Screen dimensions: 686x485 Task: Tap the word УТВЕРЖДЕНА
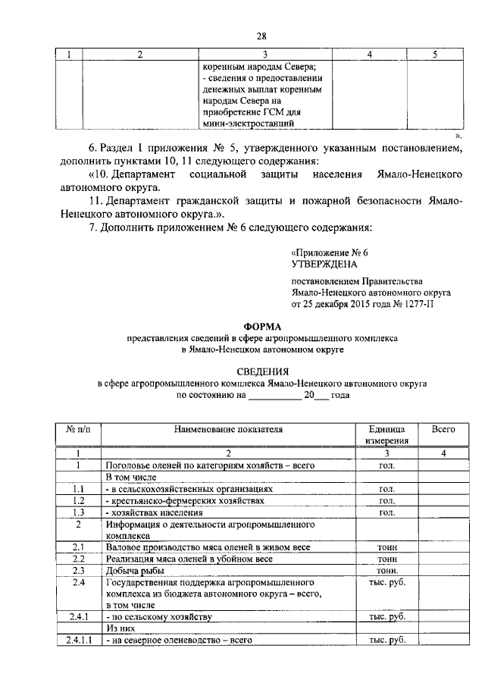coord(323,265)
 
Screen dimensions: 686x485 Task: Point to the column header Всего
coord(443,429)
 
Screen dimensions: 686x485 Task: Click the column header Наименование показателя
coord(228,429)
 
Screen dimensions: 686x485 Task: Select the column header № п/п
coord(78,429)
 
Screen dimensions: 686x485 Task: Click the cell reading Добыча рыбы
coord(135,570)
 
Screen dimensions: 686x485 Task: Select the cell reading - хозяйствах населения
coord(155,512)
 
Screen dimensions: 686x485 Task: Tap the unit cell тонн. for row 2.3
coord(387,570)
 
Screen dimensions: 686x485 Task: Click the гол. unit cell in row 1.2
coord(386,501)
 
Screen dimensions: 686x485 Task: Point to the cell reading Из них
coord(121,629)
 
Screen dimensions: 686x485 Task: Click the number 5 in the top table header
coord(434,54)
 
